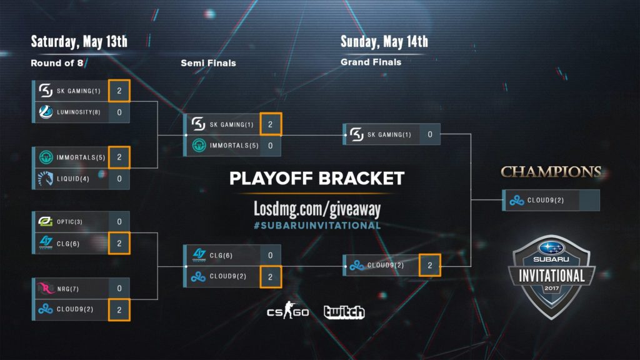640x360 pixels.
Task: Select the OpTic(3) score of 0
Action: point(119,222)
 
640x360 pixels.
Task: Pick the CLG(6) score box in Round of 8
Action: point(119,243)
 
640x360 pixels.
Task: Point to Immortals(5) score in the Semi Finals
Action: point(270,146)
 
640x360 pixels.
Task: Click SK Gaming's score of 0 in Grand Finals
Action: point(430,134)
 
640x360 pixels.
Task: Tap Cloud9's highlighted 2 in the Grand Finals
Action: point(430,266)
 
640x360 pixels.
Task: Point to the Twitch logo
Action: point(344,312)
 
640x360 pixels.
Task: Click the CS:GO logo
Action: point(287,311)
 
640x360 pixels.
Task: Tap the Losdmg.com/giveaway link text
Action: point(317,208)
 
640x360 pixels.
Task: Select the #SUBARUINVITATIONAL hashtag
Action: point(317,225)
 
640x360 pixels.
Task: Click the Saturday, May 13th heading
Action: point(79,42)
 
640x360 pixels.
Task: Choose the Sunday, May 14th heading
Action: point(384,42)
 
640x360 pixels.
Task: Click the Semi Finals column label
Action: point(208,63)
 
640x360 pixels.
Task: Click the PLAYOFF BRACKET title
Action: point(317,179)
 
